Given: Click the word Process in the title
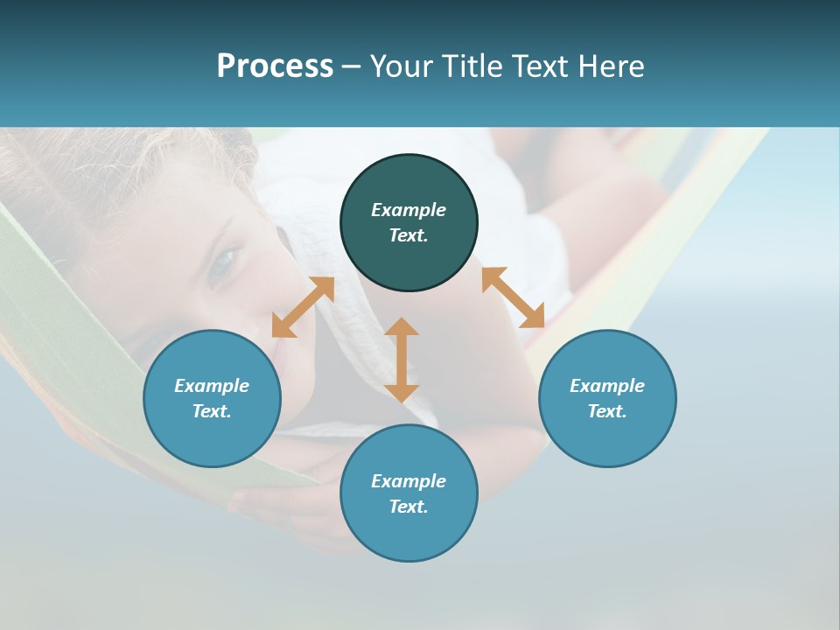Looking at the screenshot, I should [275, 66].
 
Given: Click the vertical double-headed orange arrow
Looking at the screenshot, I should [402, 360].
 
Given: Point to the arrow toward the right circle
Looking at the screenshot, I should [514, 297].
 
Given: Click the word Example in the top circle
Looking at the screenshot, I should [409, 210].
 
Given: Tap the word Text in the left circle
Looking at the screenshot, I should [212, 411].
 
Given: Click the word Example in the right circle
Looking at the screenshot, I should [607, 386].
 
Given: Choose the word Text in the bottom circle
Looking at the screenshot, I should [409, 507].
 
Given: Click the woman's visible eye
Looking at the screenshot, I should [225, 259].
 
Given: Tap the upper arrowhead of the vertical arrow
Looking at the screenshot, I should [402, 326].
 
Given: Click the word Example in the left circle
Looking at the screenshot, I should [212, 386].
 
